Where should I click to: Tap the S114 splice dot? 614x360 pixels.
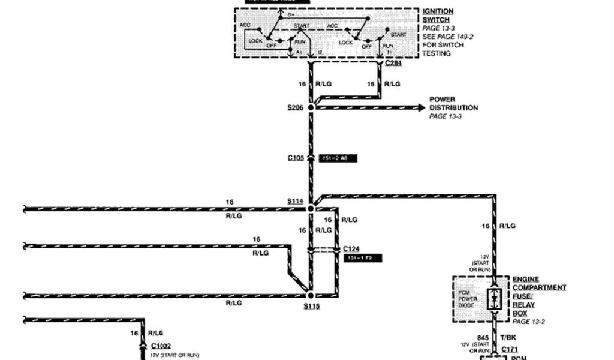[x=311, y=208]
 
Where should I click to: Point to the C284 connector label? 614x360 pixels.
[x=393, y=63]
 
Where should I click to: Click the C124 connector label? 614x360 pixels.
[x=351, y=248]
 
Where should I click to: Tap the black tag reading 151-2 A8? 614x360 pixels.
[x=339, y=158]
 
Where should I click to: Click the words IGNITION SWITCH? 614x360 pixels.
[x=438, y=16]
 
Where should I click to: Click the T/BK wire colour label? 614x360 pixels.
[x=507, y=338]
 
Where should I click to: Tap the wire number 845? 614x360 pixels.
[x=483, y=338]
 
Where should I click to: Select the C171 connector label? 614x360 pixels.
[x=510, y=349]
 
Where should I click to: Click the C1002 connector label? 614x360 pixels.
[x=161, y=346]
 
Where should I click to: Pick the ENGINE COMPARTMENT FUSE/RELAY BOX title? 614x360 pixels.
[x=538, y=296]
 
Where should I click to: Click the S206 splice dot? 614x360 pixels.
[x=311, y=107]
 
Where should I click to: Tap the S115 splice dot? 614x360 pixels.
[x=311, y=295]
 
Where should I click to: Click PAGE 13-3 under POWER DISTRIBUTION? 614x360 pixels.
[x=446, y=116]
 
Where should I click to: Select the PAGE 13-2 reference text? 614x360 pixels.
[x=528, y=322]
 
